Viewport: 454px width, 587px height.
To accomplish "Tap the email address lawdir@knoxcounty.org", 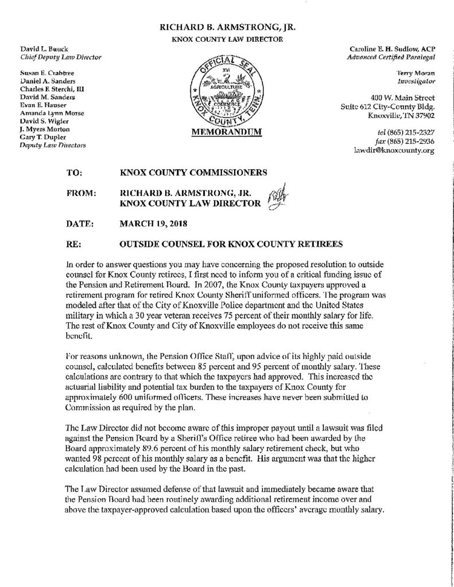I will click(394, 151).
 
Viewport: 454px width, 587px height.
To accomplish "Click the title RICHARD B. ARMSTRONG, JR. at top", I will click(227, 26).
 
